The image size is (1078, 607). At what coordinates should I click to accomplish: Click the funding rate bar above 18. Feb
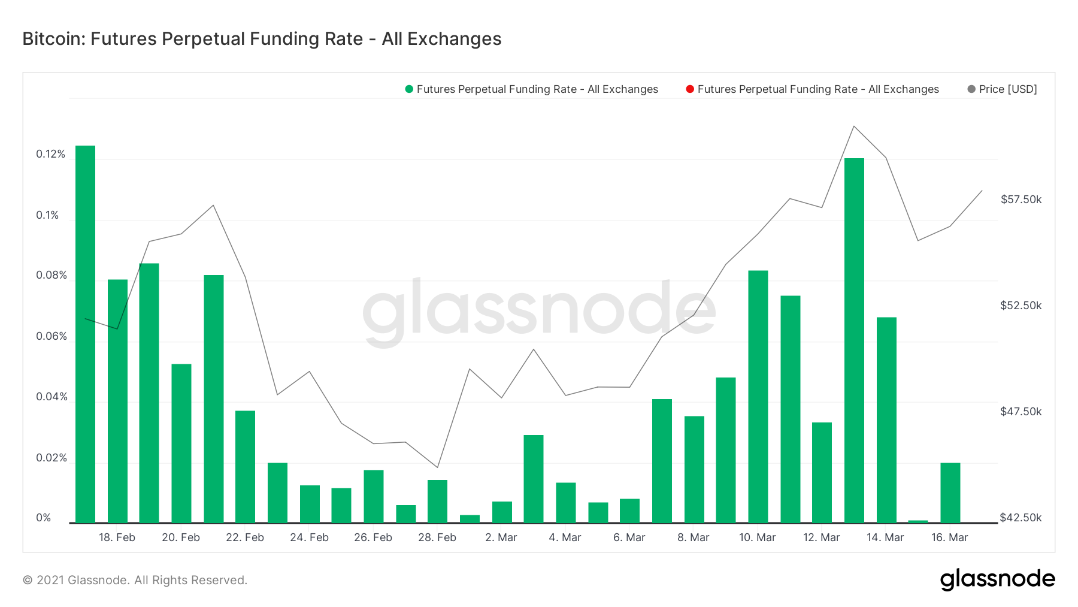[x=117, y=401]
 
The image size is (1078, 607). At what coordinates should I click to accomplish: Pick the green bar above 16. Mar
[x=950, y=493]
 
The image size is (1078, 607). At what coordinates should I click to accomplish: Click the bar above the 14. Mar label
[x=886, y=419]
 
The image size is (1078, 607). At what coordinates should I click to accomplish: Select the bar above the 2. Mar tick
[x=502, y=512]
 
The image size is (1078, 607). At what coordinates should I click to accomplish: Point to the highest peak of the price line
[x=854, y=126]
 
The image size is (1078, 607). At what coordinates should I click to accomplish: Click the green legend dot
[x=409, y=89]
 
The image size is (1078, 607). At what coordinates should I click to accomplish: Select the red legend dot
[x=690, y=89]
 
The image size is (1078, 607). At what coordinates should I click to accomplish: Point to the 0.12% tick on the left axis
[x=51, y=154]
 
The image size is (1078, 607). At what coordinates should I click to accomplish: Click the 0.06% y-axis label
[x=52, y=336]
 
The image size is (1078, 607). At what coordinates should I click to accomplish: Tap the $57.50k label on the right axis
[x=1021, y=200]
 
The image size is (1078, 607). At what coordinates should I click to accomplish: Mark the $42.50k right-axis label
[x=1021, y=518]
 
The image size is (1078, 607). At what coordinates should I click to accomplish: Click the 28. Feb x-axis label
[x=437, y=537]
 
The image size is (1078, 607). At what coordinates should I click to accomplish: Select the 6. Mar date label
[x=629, y=537]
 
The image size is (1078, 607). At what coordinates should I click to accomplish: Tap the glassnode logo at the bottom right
[x=997, y=579]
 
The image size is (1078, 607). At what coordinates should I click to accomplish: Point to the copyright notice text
[x=135, y=580]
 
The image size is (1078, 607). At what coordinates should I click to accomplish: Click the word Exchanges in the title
[x=455, y=39]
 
